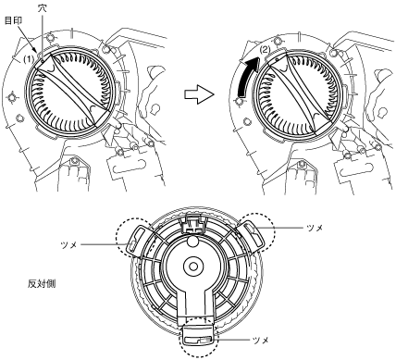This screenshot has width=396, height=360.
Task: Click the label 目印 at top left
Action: point(13,20)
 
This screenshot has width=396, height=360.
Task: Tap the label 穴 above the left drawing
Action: point(42,8)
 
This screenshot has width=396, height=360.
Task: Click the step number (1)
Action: point(30,60)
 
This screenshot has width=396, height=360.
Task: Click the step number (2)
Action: point(265,49)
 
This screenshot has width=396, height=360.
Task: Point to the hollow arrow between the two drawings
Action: point(199,94)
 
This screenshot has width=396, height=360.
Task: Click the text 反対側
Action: point(42,283)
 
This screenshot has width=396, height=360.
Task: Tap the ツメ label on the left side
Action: point(69,245)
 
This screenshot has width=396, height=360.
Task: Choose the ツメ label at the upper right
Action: point(315,228)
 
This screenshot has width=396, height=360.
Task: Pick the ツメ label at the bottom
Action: point(261,341)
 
